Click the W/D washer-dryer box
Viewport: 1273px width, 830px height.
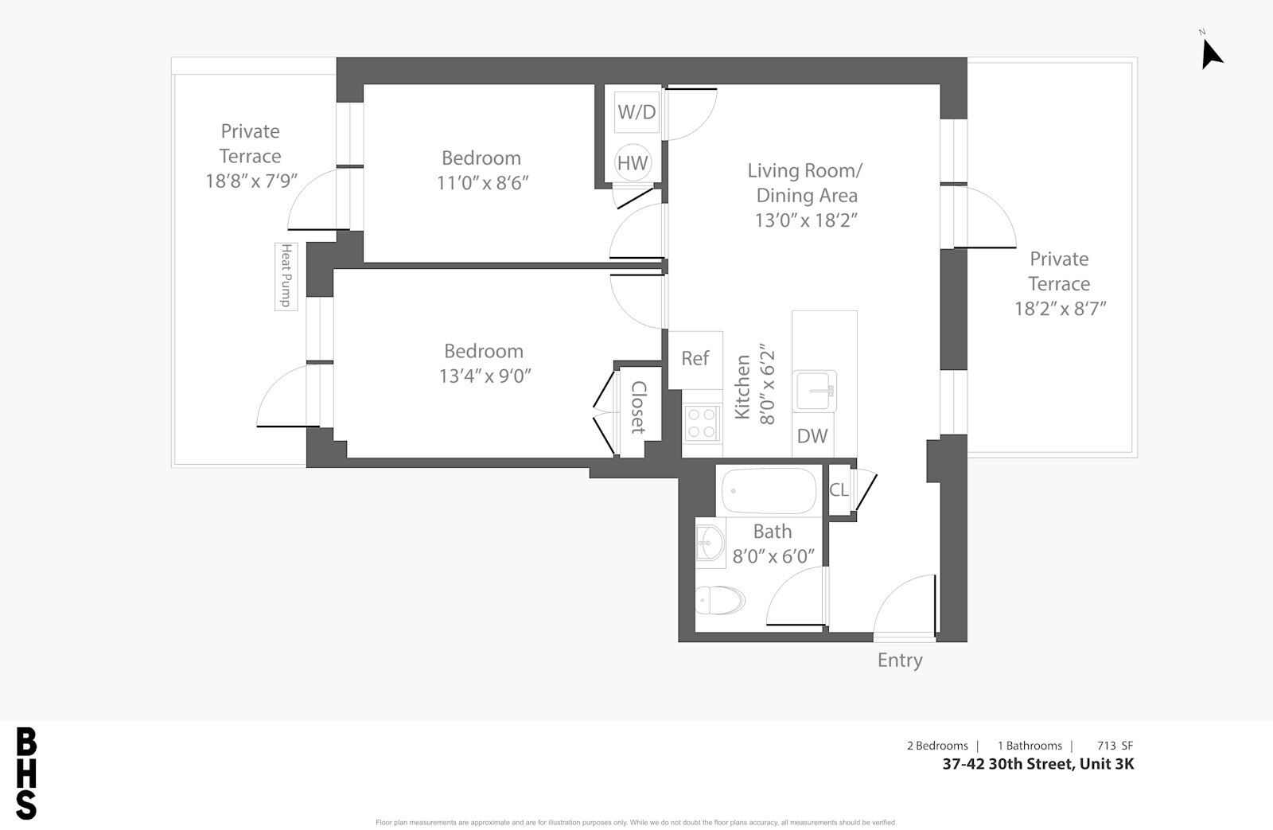pyautogui.click(x=637, y=112)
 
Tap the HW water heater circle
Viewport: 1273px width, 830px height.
pyautogui.click(x=633, y=162)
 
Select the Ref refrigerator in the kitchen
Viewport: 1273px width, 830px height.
pyautogui.click(x=695, y=360)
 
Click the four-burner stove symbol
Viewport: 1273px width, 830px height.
pyautogui.click(x=702, y=423)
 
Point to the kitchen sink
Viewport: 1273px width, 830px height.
pyautogui.click(x=815, y=391)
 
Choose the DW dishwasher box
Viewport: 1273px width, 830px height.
pyautogui.click(x=812, y=436)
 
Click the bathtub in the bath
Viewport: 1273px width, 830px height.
pyautogui.click(x=769, y=491)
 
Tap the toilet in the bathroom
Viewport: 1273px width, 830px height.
pyautogui.click(x=720, y=600)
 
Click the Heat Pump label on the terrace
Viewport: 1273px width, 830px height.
pyautogui.click(x=286, y=276)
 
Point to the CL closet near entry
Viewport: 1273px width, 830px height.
pyautogui.click(x=839, y=489)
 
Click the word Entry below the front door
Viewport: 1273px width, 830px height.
pyautogui.click(x=900, y=660)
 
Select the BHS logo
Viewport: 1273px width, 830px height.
pyautogui.click(x=26, y=773)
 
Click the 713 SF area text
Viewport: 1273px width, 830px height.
pyautogui.click(x=1115, y=746)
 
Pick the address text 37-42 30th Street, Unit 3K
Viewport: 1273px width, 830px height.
pyautogui.click(x=1037, y=763)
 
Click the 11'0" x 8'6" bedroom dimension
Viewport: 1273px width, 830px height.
pyautogui.click(x=482, y=183)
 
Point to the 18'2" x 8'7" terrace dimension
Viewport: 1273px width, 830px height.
pyautogui.click(x=1061, y=309)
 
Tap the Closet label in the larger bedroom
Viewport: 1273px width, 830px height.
pyautogui.click(x=639, y=407)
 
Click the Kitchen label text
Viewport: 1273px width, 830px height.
pyautogui.click(x=743, y=387)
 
